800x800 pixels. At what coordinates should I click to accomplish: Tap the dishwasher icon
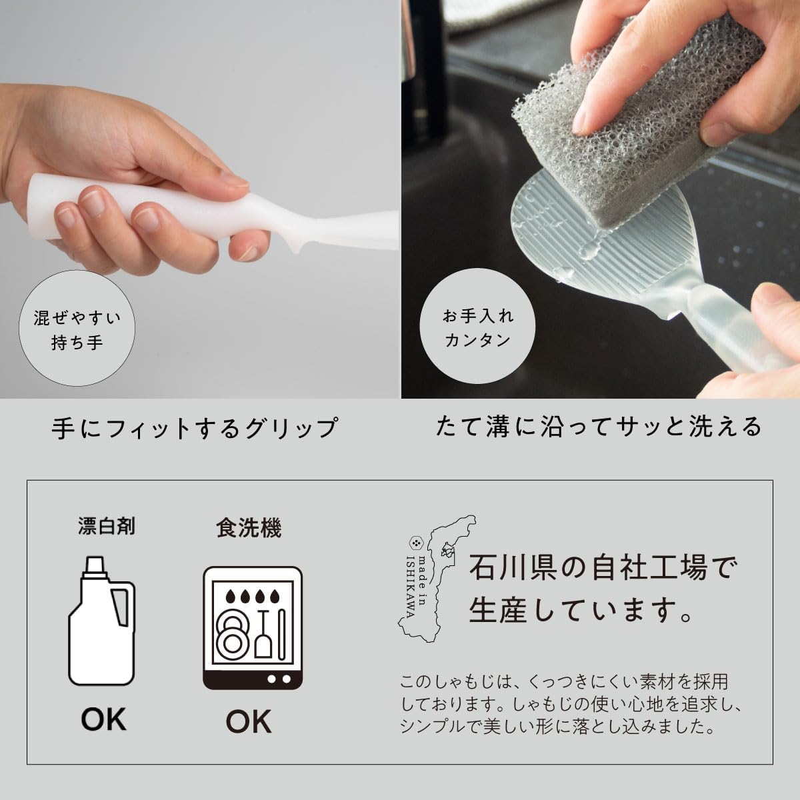click(252, 628)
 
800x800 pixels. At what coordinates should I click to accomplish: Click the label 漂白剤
click(107, 527)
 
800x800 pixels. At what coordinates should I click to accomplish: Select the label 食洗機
click(249, 528)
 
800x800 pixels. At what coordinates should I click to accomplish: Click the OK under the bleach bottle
click(103, 720)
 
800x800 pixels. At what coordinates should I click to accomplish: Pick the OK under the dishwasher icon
click(248, 721)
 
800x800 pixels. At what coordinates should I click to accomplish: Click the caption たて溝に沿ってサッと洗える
click(599, 427)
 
